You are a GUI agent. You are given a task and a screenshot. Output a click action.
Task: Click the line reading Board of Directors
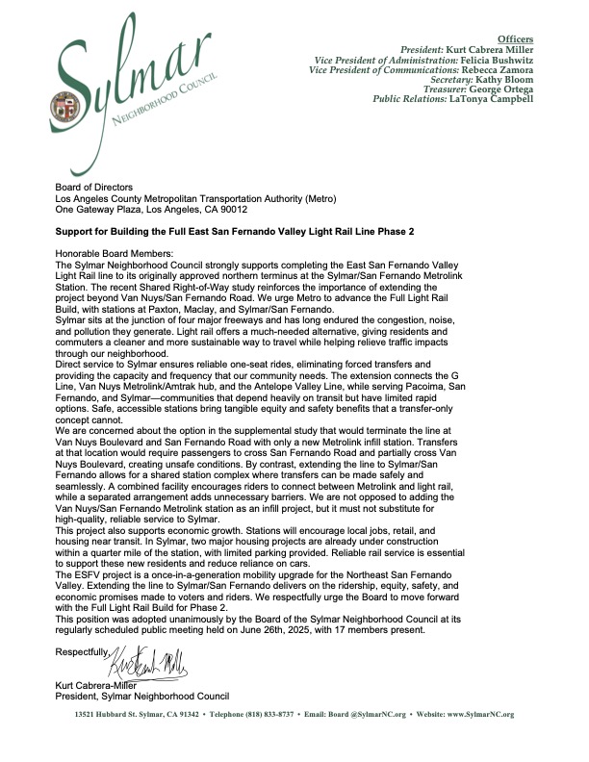coord(96,187)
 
